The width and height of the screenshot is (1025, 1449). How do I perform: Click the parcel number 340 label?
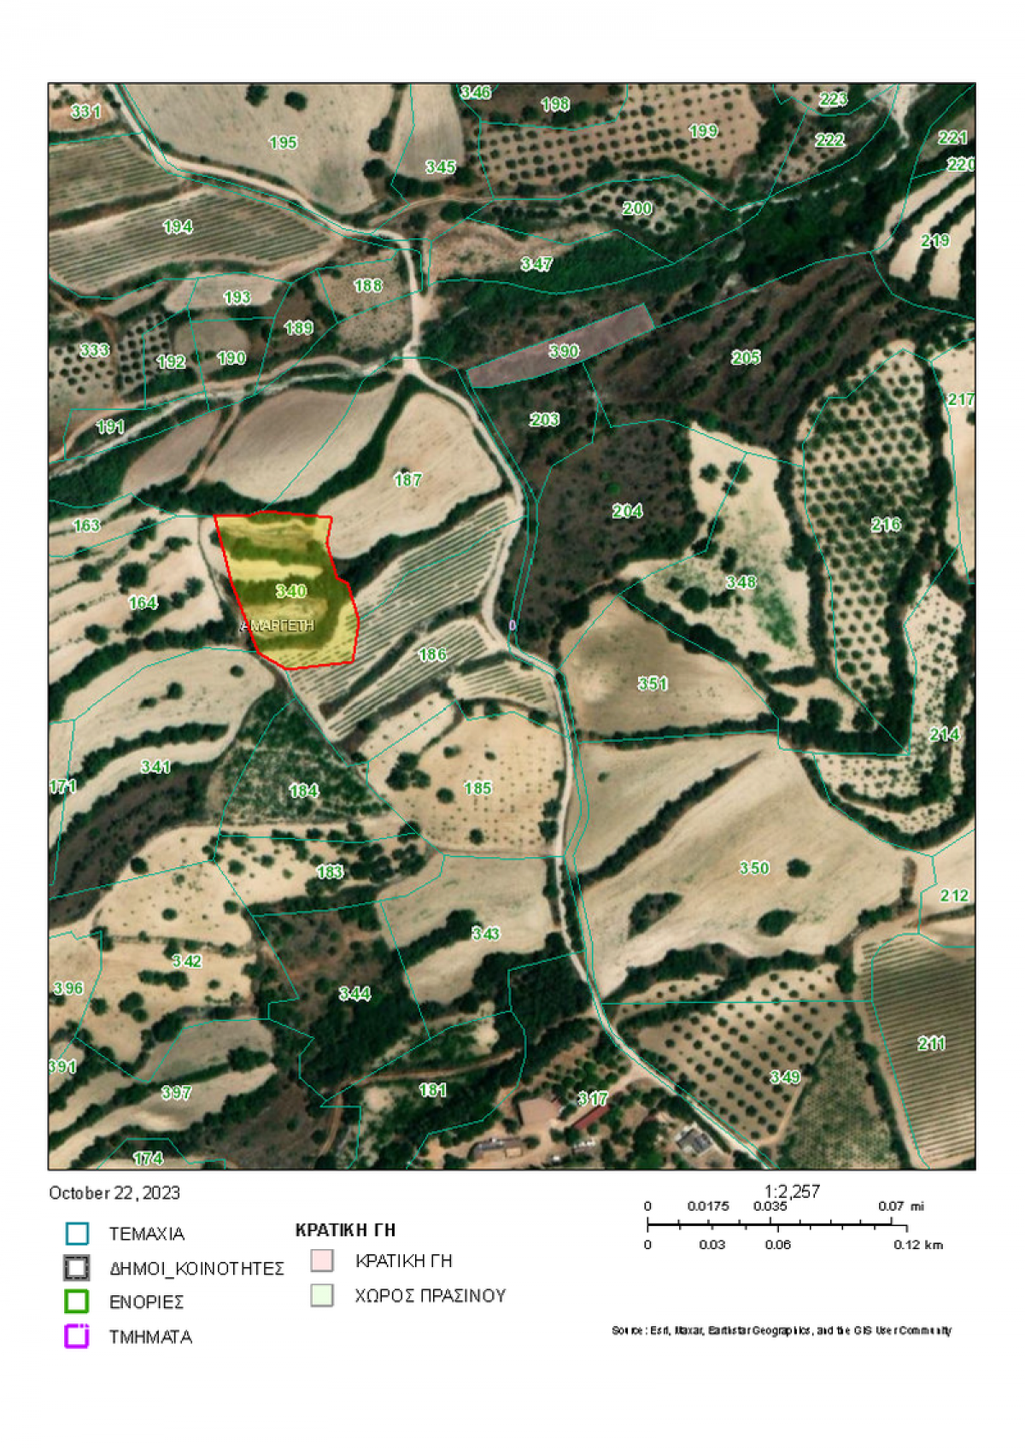291,591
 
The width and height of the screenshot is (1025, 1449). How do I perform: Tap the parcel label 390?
564,351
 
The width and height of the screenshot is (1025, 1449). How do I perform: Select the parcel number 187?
407,480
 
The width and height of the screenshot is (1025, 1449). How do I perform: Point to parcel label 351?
653,683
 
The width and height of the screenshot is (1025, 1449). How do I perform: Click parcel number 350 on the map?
754,868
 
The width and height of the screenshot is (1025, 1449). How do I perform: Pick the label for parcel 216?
886,525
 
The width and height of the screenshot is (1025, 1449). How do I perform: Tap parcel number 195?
283,143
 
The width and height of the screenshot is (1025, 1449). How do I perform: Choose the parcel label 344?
354,994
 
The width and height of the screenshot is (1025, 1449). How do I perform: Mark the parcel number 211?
932,1043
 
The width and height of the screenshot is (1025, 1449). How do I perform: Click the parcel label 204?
627,511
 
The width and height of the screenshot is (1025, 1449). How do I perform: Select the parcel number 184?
304,791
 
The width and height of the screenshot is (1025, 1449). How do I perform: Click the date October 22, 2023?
114,1193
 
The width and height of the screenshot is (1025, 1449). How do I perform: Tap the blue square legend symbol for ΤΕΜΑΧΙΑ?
77,1234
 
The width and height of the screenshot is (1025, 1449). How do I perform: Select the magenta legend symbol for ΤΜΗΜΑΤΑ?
77,1336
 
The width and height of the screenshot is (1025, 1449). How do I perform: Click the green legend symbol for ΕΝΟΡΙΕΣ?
77,1301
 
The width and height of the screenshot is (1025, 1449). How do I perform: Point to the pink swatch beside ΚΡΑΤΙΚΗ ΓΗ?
322,1261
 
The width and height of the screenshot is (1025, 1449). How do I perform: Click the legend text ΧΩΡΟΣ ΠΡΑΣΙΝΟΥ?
430,1296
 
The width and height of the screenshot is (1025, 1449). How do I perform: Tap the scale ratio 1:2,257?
792,1191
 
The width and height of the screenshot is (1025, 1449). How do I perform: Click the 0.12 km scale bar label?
918,1245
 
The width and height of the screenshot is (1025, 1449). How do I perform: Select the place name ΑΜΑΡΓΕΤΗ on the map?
280,626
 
